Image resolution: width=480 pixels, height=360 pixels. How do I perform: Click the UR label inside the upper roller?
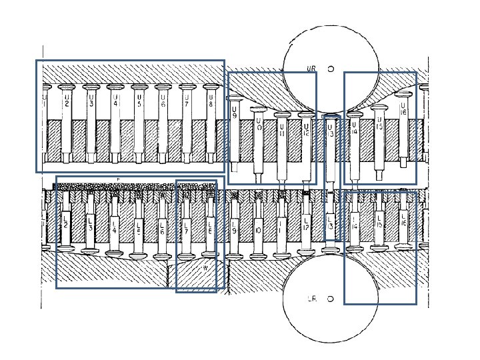coord(311,68)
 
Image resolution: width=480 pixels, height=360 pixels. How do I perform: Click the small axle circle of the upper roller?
coord(330,67)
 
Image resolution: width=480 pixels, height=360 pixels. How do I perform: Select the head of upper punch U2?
coord(67,87)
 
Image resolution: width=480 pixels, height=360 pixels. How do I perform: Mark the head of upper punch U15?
coord(379,107)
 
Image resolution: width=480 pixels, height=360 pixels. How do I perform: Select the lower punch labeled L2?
coord(65,222)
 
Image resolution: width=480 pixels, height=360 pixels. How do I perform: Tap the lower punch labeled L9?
coord(234,231)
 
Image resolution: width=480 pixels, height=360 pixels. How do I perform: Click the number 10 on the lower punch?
coord(257,231)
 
